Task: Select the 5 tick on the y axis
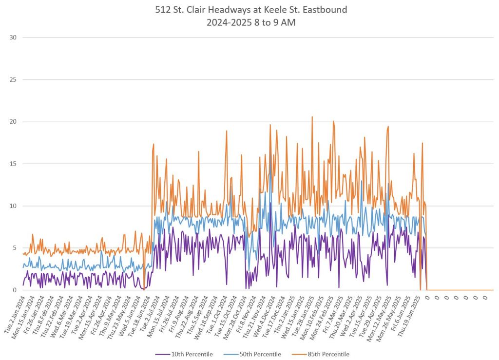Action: pyautogui.click(x=14, y=248)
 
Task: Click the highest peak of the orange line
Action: pyautogui.click(x=312, y=117)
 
